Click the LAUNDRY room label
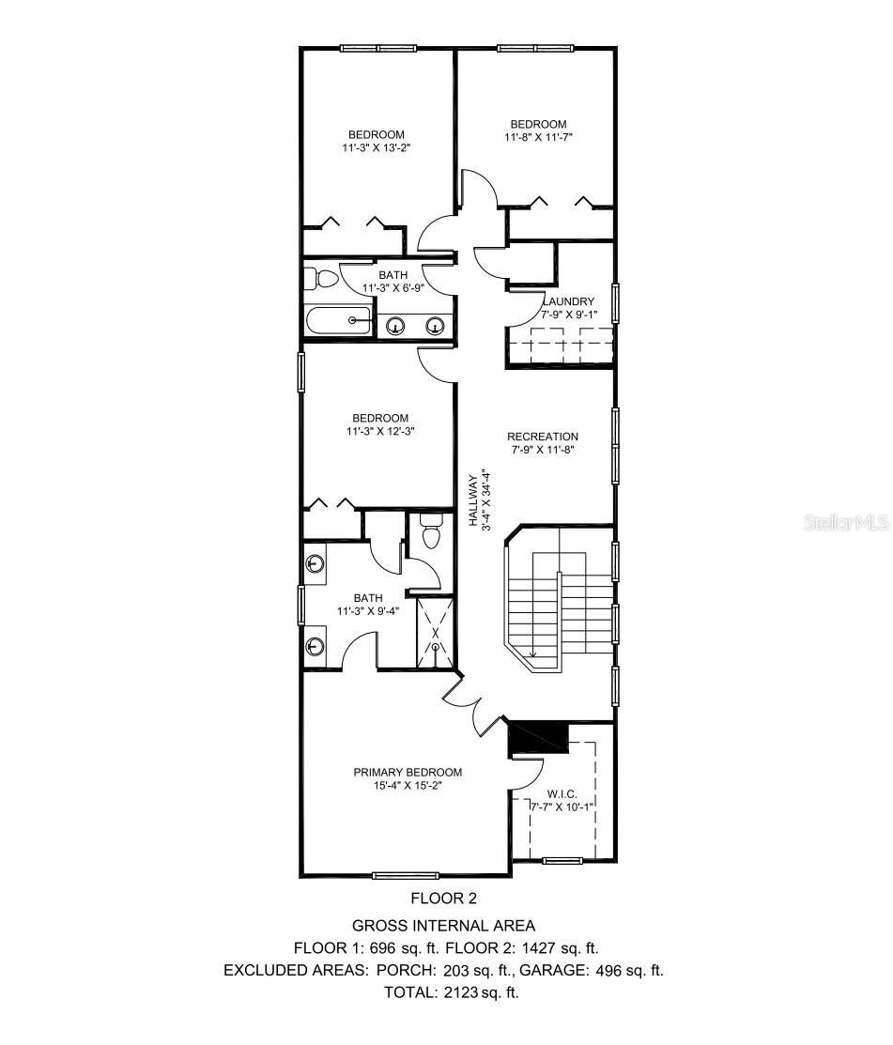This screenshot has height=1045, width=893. tap(570, 300)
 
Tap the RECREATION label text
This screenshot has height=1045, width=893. tap(543, 437)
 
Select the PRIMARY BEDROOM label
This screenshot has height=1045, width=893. tap(408, 772)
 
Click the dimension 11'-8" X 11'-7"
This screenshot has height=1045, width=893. tap(538, 137)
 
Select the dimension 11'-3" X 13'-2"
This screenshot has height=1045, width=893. tap(377, 147)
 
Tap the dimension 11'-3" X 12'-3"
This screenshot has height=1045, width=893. tap(379, 432)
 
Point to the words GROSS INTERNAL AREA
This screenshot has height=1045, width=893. tap(444, 926)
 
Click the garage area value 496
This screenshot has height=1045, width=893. tap(614, 970)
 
